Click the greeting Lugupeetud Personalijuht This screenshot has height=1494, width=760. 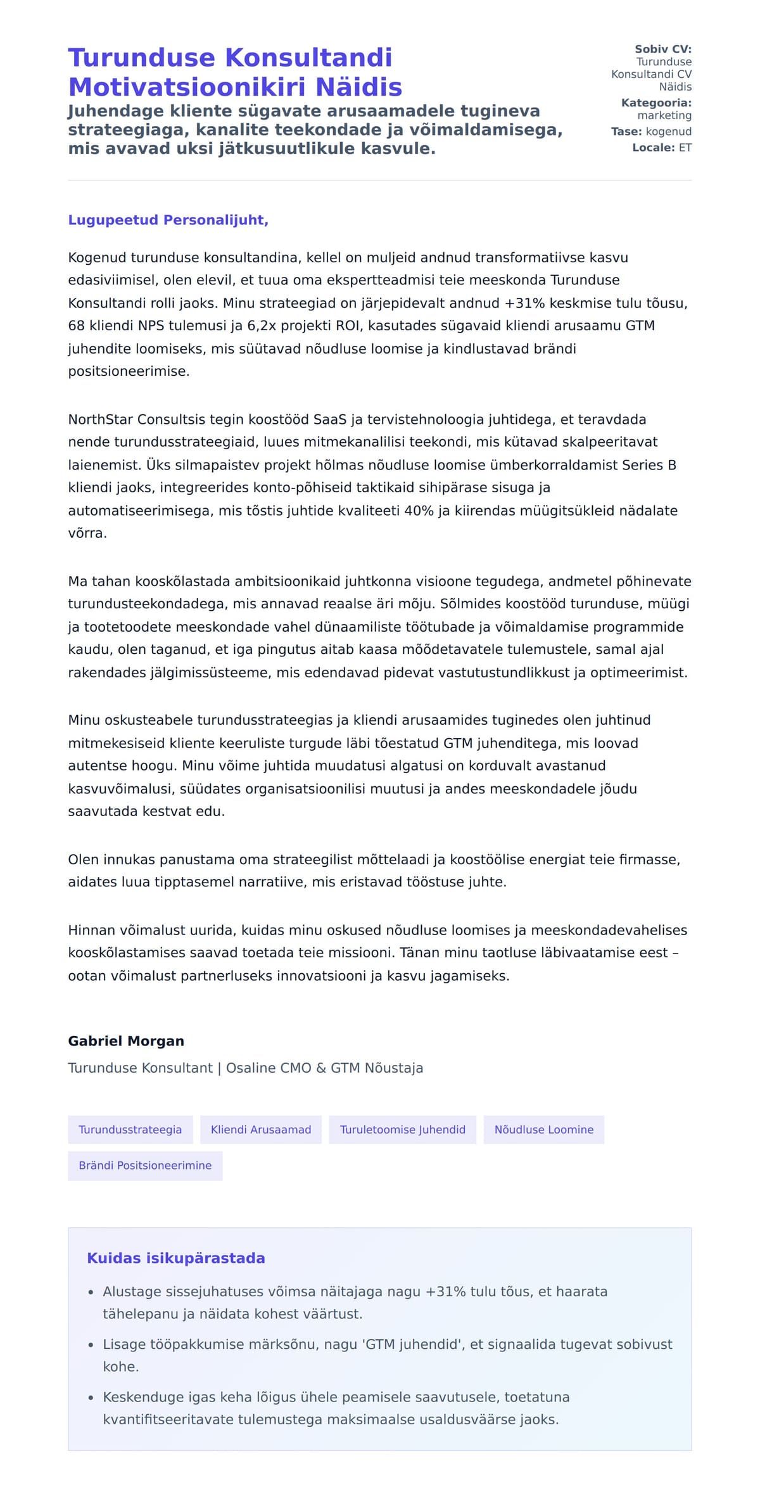(168, 220)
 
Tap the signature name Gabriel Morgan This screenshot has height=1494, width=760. (126, 1041)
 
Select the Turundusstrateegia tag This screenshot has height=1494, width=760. (130, 1130)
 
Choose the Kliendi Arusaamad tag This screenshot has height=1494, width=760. (261, 1130)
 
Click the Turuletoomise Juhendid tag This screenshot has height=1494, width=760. (402, 1130)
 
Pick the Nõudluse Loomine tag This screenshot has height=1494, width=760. (543, 1130)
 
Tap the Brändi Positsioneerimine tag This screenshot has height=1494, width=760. (145, 1165)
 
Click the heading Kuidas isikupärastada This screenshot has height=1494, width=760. (175, 1258)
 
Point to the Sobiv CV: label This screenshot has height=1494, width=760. (663, 49)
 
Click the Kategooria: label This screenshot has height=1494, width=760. (656, 103)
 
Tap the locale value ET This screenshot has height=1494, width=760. (685, 148)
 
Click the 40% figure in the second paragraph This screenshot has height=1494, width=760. (419, 511)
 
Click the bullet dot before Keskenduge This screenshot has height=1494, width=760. (91, 1397)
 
